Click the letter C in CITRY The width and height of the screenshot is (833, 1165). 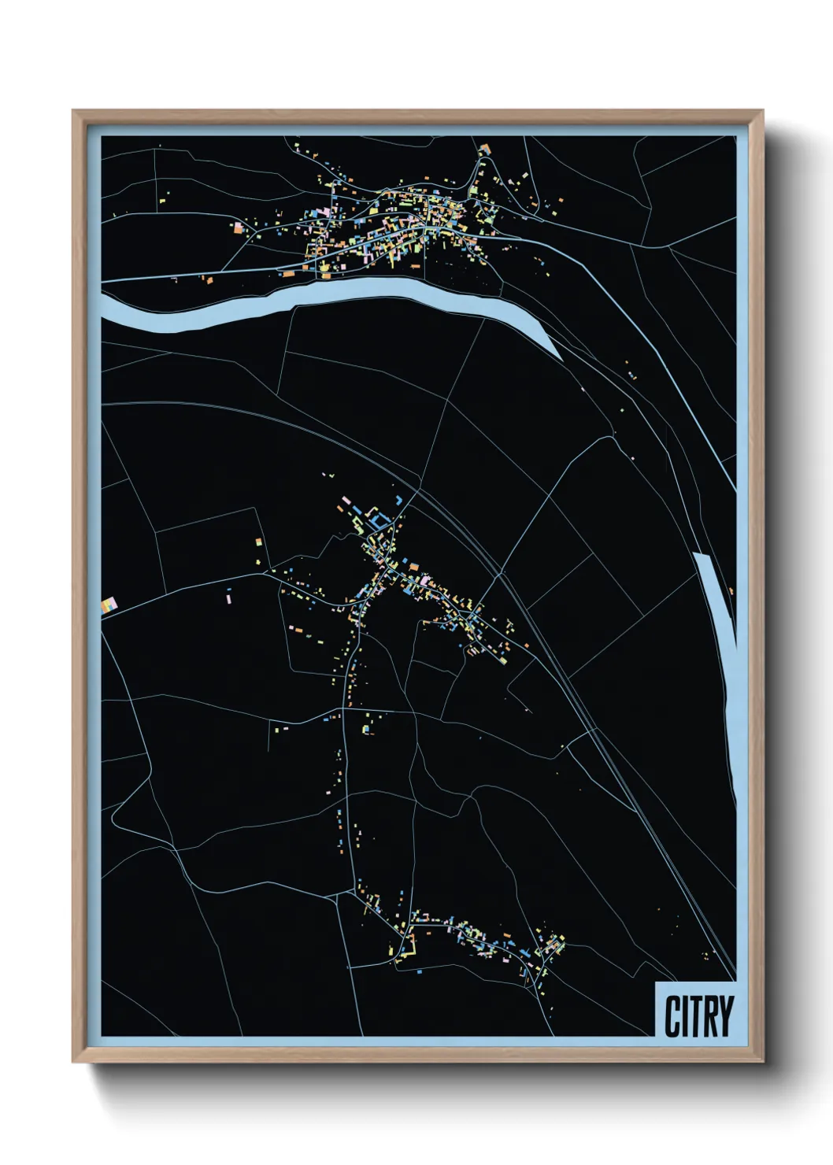point(673,1016)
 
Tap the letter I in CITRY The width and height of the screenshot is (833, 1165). point(687,1016)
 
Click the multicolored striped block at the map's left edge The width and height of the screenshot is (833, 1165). point(109,605)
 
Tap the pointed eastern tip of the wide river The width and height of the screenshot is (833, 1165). point(561,359)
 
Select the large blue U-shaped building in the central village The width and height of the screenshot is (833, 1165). point(380,521)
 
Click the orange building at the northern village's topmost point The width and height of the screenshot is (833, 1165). point(484,148)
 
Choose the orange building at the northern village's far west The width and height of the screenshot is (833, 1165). point(238,227)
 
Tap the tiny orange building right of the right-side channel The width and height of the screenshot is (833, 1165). point(731,590)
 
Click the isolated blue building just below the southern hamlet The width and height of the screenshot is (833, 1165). point(418,972)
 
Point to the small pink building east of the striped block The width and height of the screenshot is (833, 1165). point(229,599)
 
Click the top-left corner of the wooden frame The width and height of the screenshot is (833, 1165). point(73,111)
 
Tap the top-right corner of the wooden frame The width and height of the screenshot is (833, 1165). point(762,111)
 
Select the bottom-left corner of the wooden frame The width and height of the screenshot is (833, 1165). point(73,1061)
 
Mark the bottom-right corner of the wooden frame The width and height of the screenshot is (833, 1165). point(762,1061)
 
